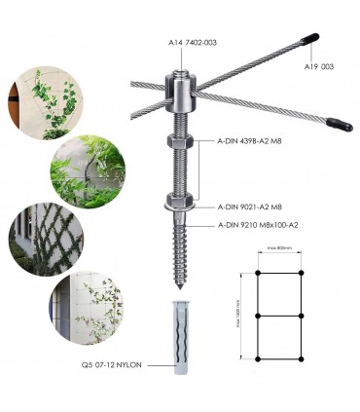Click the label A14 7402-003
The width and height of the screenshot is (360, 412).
193,43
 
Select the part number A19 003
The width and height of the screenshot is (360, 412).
318,67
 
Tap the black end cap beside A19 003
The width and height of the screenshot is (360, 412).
308,39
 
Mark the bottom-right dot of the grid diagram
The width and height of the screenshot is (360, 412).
302,359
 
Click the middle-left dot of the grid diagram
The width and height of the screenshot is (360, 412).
257,316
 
